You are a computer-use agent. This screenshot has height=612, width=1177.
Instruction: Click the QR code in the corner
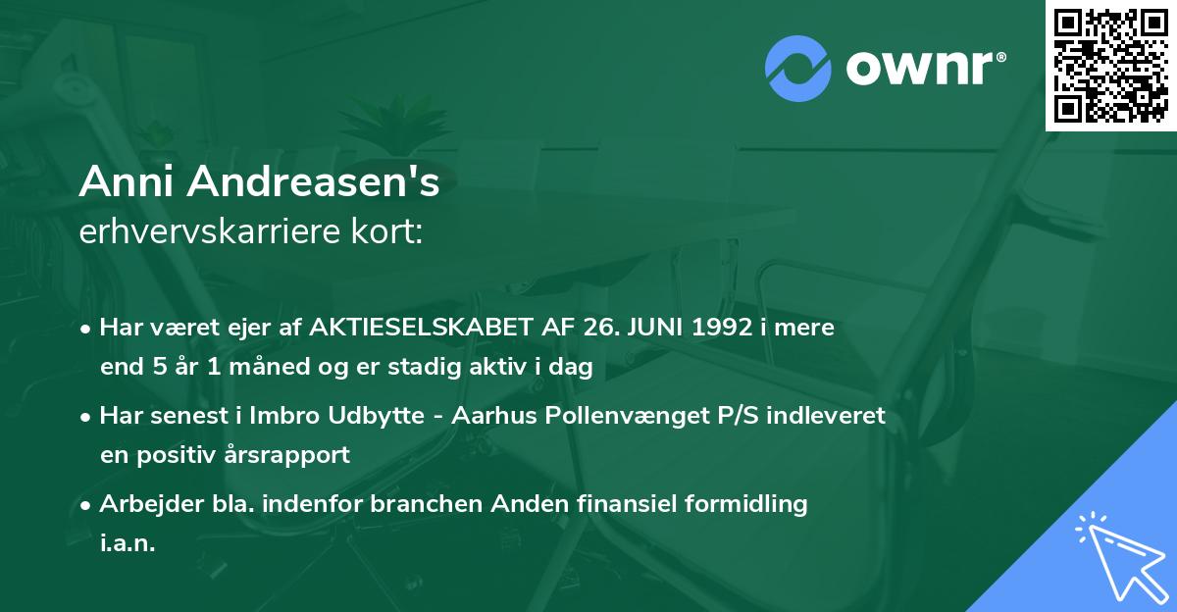tap(1110, 66)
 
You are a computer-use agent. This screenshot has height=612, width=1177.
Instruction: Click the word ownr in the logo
tap(922, 68)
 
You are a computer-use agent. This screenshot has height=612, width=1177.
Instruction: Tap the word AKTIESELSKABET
tap(416, 328)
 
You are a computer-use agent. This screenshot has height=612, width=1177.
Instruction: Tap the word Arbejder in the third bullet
tap(141, 504)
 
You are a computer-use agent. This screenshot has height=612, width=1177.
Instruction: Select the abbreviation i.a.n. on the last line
tap(128, 543)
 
